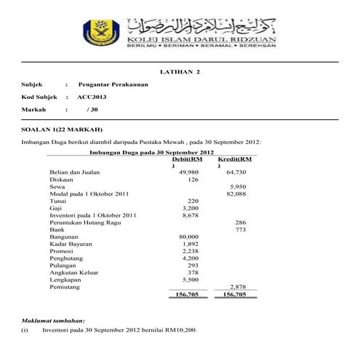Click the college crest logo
coord(100,32)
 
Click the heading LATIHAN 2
coord(180,72)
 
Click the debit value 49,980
coord(188,172)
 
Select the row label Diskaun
coord(62,180)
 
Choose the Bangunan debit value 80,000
coord(188,237)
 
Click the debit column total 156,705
coord(188,295)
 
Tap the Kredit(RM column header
coord(234,159)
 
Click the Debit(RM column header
coord(187,159)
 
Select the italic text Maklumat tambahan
coord(53,320)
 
